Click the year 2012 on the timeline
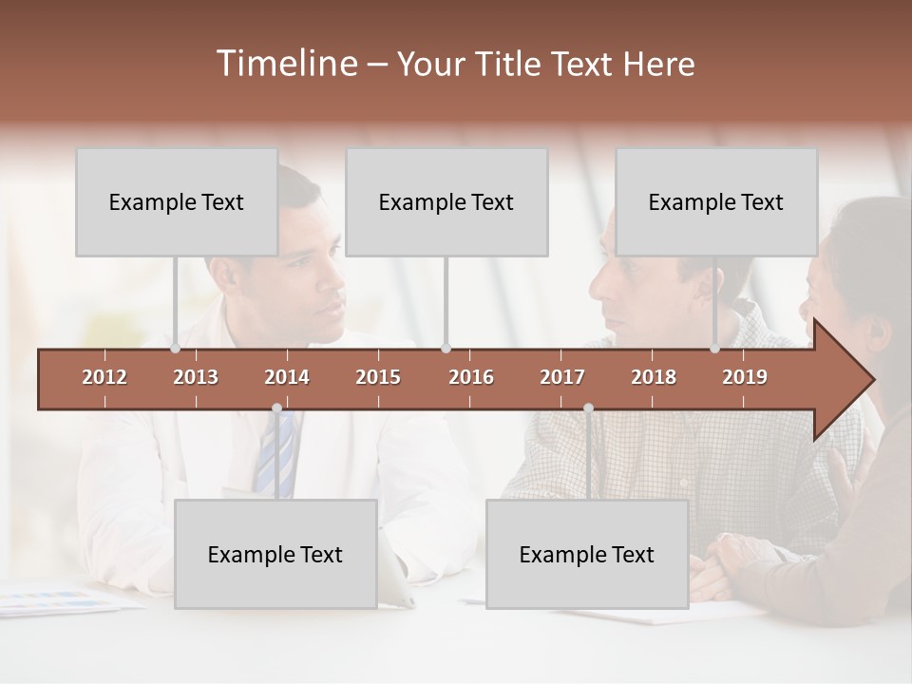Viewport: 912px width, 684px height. [x=104, y=377]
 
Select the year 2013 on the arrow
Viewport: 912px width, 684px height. [x=196, y=377]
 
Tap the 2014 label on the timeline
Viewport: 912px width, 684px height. [x=287, y=377]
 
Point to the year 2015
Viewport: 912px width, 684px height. [x=378, y=377]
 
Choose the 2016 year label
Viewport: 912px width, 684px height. [x=471, y=377]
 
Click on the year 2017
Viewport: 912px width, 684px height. [x=562, y=377]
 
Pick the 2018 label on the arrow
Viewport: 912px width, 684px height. [x=654, y=377]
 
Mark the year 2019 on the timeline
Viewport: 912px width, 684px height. [x=745, y=377]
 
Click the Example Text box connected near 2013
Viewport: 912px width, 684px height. [x=177, y=202]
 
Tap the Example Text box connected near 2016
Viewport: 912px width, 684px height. [x=446, y=202]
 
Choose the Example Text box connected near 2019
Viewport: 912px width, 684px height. [x=716, y=202]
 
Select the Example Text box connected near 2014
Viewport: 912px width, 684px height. [x=275, y=554]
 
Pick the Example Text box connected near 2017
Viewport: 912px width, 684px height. [x=587, y=554]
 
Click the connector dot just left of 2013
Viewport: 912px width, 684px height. [x=175, y=349]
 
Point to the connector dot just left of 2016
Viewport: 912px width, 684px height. [x=446, y=349]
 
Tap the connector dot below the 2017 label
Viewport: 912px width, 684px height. [x=588, y=408]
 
